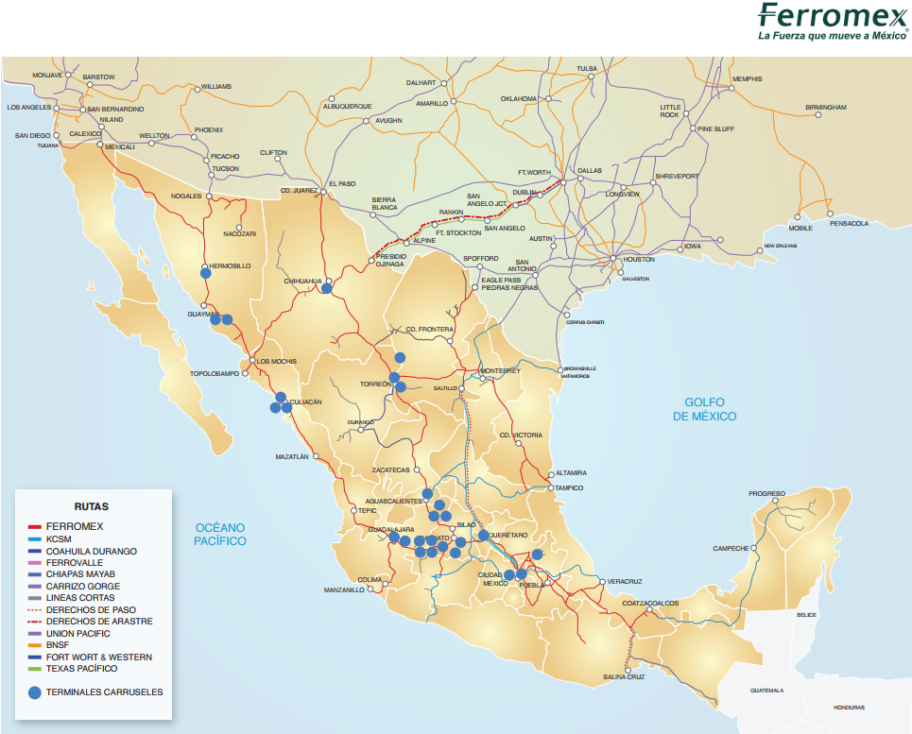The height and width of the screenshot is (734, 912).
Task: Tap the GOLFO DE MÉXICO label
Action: pyautogui.click(x=704, y=409)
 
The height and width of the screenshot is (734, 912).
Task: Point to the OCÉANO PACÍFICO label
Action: pyautogui.click(x=220, y=534)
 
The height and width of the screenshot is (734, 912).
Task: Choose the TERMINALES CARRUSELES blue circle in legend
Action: pyautogui.click(x=35, y=692)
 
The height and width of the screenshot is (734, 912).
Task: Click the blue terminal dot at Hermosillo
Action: pyautogui.click(x=206, y=272)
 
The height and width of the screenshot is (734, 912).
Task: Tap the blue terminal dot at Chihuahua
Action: pyautogui.click(x=326, y=288)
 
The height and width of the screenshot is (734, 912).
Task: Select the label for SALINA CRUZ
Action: pyautogui.click(x=624, y=676)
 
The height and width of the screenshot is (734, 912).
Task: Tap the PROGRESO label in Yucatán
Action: pyautogui.click(x=766, y=493)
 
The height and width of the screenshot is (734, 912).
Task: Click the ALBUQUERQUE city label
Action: pyautogui.click(x=347, y=106)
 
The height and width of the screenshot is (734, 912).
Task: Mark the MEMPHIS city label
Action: pyautogui.click(x=747, y=78)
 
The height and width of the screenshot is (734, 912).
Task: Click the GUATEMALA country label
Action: pyautogui.click(x=766, y=690)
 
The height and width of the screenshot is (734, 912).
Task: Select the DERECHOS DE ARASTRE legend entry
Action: pyautogui.click(x=98, y=622)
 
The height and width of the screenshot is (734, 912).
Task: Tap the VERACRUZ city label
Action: pyautogui.click(x=625, y=581)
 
